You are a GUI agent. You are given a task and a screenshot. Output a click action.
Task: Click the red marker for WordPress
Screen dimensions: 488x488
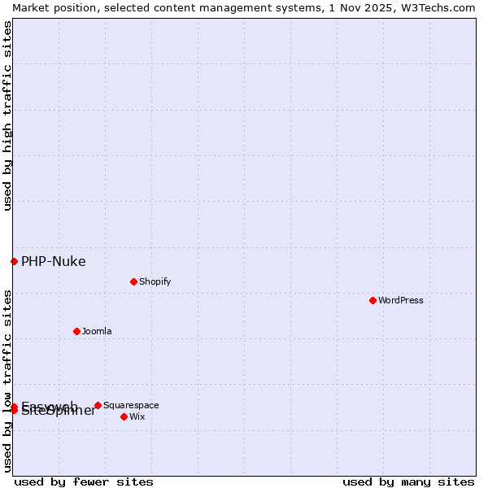373,300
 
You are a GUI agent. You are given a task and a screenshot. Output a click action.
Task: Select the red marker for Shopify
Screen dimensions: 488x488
133,281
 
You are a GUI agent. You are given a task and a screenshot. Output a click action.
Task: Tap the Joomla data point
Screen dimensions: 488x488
76,331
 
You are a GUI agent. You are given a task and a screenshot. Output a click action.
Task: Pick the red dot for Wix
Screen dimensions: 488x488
124,416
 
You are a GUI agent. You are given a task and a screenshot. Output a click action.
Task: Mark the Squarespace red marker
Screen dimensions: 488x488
98,405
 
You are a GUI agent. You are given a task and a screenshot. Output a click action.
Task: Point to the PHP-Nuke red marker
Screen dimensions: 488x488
14,261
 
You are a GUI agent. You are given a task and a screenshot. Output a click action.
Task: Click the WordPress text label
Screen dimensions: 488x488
401,300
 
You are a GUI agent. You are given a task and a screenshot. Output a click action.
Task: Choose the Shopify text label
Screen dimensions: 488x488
155,281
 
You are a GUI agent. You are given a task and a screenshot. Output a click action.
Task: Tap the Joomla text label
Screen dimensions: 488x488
97,331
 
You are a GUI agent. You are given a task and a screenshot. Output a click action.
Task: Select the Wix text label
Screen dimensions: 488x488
137,416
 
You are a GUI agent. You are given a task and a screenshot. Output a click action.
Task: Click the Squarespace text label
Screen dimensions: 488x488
131,405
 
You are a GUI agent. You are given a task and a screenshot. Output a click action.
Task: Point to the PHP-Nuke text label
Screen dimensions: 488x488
53,261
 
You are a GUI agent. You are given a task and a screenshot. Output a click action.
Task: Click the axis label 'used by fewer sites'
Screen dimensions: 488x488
84,481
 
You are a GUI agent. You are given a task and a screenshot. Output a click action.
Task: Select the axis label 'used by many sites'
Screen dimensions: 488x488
408,481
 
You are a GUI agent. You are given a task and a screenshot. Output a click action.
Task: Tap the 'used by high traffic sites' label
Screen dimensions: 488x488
7,115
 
